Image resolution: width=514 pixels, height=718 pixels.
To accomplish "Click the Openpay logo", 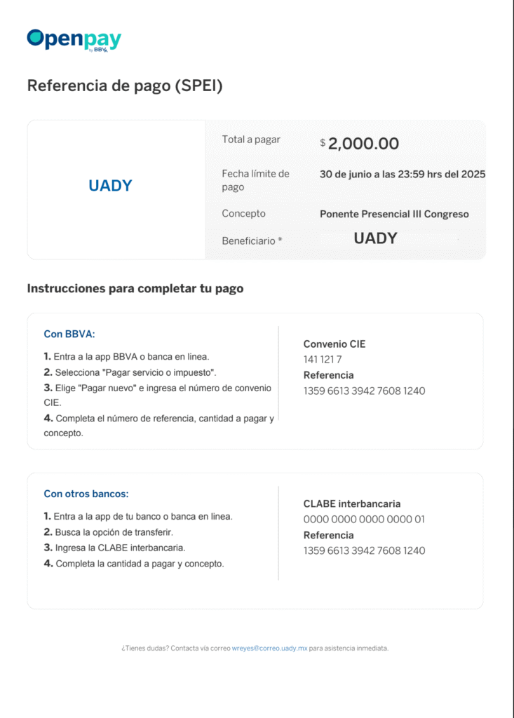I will click(74, 39).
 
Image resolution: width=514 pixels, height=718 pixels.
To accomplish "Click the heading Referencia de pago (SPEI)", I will click(125, 86).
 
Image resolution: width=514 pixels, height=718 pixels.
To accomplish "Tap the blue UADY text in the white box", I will click(110, 186).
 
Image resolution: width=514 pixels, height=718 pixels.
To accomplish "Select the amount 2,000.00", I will click(363, 144).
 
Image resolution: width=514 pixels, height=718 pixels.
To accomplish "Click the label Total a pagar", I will click(251, 140).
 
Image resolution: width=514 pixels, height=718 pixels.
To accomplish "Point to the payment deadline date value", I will click(403, 174).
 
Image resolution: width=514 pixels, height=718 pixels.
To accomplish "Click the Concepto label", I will click(243, 214).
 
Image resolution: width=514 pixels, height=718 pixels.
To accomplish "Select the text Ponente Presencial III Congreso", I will click(394, 214).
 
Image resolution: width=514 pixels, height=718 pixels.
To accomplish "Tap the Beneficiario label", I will click(252, 241).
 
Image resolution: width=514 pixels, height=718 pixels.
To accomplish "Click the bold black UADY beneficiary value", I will click(375, 238).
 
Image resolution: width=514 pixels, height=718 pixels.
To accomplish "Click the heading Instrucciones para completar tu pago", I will click(135, 288).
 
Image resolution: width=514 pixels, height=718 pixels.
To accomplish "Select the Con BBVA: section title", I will click(69, 334).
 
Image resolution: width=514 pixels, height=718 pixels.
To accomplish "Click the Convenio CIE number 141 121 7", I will click(323, 360).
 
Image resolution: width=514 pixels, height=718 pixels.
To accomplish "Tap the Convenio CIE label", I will click(334, 344).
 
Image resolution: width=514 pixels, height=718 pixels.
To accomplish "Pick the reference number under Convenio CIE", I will click(364, 391).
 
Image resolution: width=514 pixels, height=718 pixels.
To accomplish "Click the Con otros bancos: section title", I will click(86, 494).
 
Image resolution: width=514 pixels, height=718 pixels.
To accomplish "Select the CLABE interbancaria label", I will click(352, 504).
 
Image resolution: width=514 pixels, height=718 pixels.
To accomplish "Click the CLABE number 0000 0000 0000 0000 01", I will click(364, 520).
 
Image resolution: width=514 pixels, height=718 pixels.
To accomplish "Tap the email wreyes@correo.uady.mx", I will click(270, 649).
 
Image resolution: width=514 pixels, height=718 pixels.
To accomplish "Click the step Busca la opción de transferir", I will click(114, 532).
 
